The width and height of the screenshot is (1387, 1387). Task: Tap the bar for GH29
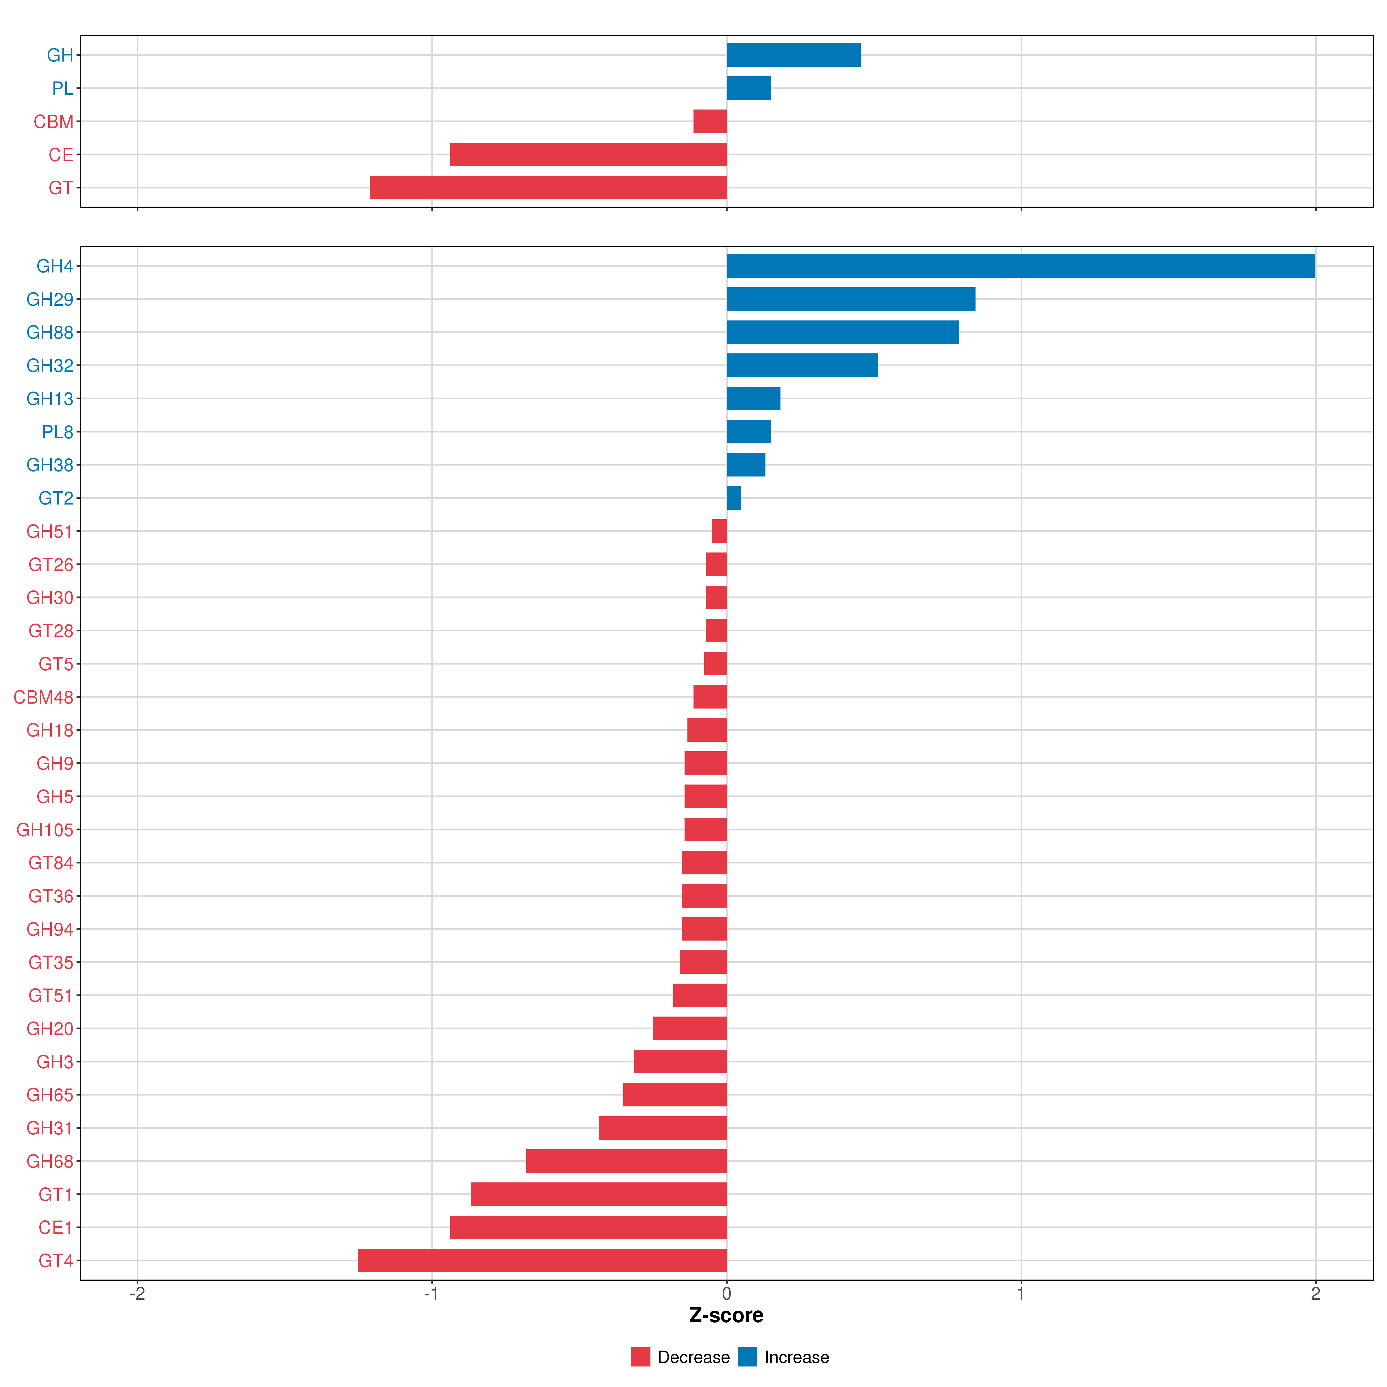point(851,299)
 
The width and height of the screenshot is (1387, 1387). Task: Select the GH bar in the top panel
point(793,55)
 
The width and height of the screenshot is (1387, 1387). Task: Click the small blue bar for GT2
point(734,498)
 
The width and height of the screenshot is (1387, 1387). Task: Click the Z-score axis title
point(726,1315)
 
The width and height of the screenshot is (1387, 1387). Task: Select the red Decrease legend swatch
point(640,1357)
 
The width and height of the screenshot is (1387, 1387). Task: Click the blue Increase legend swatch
point(747,1357)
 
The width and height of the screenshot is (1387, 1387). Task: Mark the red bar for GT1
point(599,1194)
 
